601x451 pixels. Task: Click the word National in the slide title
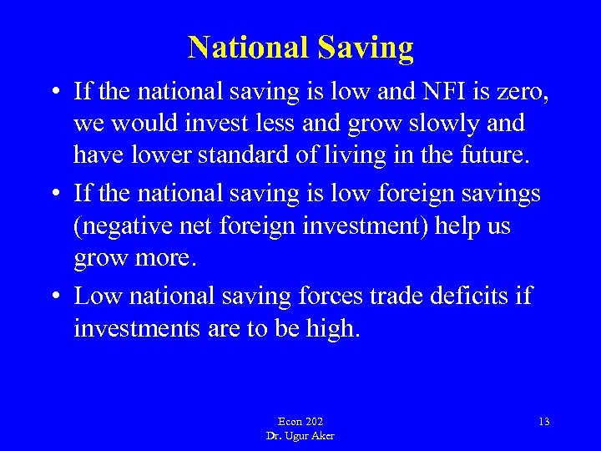click(248, 48)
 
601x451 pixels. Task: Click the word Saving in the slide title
click(365, 48)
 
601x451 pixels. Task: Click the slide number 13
click(544, 422)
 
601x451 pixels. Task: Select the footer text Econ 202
click(300, 422)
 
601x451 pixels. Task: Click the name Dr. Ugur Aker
click(300, 436)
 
